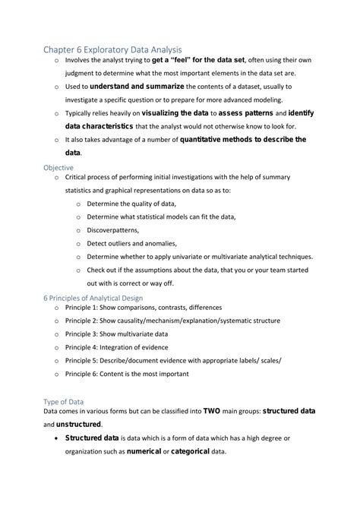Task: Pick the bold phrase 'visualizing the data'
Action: [188, 113]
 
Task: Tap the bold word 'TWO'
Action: [213, 411]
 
